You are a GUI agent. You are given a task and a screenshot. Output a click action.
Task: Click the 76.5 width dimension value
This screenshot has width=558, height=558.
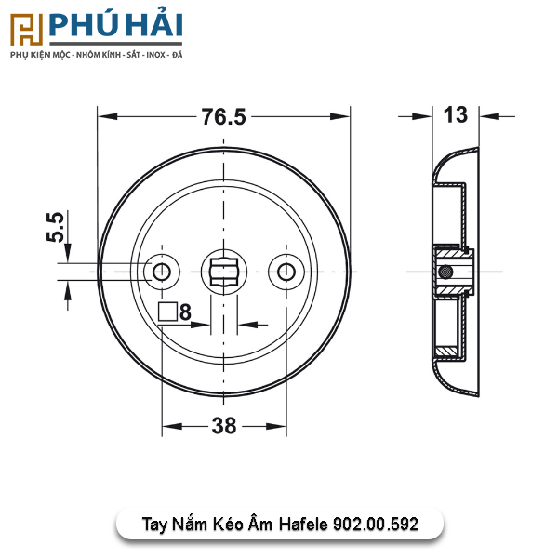pos(224,117)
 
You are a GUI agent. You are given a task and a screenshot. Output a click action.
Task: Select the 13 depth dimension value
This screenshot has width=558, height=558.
pos(455,115)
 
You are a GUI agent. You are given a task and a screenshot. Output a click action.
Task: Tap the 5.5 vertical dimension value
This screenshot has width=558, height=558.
pos(56,228)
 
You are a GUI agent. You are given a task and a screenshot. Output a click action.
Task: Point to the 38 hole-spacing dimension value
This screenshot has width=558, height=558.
pos(223,426)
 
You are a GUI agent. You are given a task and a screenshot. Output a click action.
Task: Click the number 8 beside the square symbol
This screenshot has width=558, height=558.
pos(185,312)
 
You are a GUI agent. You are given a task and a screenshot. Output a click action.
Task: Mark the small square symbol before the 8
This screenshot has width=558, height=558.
pos(167,312)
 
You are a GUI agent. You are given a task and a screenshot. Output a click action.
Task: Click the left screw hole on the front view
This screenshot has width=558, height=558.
pos(163,272)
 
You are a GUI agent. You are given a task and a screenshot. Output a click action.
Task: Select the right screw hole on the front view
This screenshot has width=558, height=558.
pos(285,272)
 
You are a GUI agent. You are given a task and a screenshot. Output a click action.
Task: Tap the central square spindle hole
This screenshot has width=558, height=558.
pos(224,272)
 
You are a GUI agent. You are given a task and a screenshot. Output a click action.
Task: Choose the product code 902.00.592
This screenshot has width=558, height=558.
pos(375,525)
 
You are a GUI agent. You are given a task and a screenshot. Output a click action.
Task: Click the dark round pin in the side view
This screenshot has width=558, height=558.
pos(446,272)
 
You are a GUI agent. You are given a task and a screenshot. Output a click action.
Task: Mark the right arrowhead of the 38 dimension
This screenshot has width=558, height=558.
pos(278,426)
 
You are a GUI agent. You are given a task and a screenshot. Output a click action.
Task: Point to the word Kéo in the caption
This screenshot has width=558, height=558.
pos(234,525)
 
